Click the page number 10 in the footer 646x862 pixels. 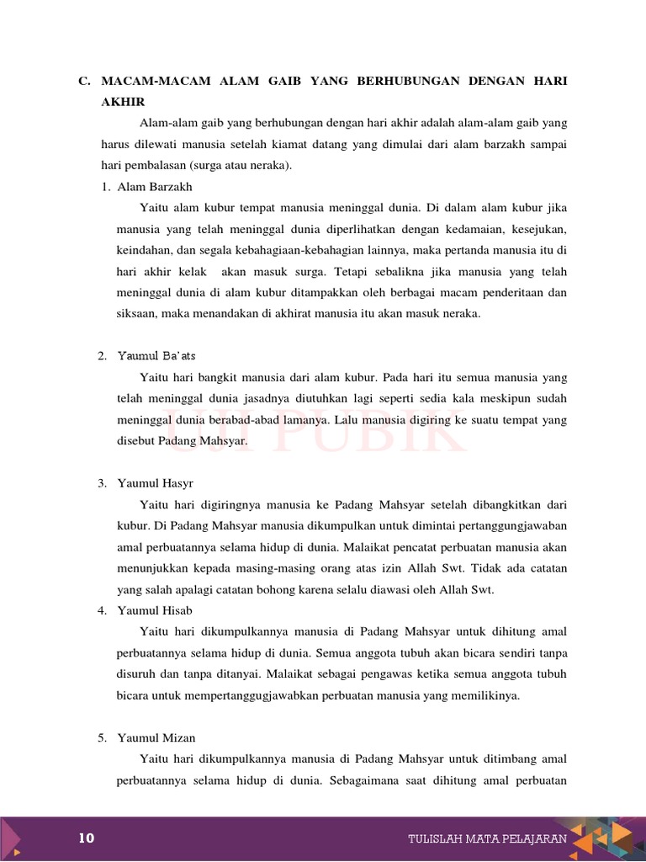click(87, 838)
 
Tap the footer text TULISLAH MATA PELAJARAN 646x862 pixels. click(487, 838)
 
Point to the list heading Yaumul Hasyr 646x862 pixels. click(156, 483)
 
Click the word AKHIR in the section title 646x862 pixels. click(123, 102)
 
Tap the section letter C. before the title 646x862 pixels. click(83, 81)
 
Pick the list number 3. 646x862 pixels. click(101, 483)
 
